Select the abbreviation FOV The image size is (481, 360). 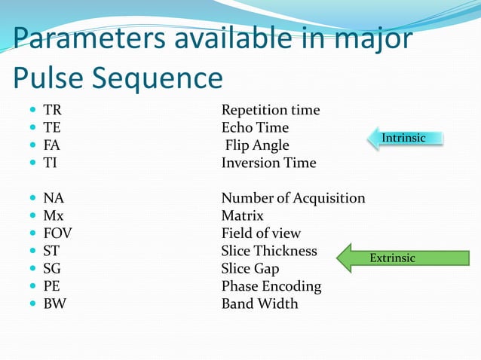57,233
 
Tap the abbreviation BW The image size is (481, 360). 54,304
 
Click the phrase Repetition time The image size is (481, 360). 270,111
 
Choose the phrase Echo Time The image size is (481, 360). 255,128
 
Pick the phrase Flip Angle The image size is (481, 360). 256,145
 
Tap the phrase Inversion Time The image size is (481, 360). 268,163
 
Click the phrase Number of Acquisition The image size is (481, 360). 293,198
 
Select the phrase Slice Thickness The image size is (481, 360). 269,251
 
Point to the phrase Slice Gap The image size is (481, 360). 250,269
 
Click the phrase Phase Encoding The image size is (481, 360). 271,286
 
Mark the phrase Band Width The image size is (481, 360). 259,304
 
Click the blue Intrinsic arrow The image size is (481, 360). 406,138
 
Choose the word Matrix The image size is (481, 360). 242,216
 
